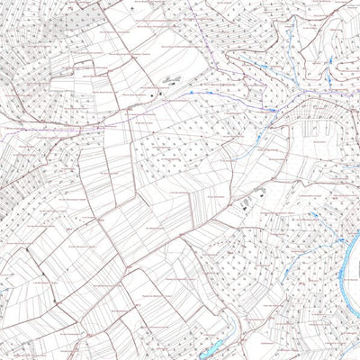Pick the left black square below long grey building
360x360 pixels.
pos(154,92)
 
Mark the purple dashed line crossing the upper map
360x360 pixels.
pos(180,108)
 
